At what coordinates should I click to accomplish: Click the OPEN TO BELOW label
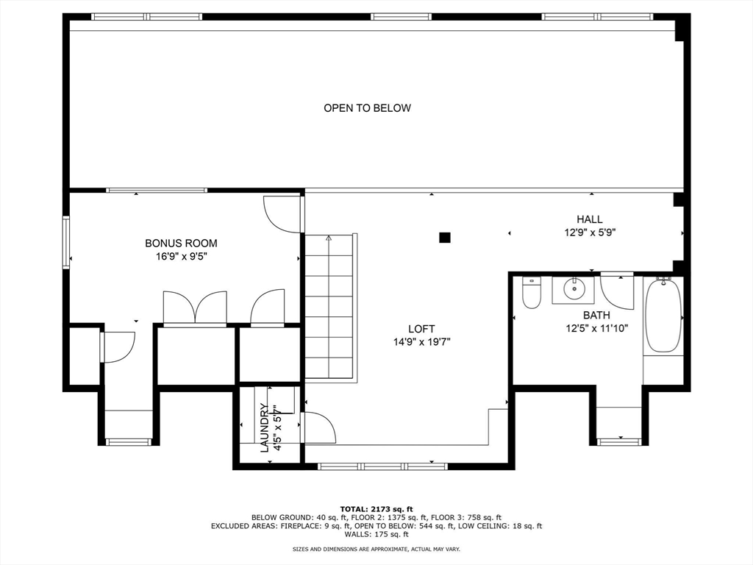tap(368, 108)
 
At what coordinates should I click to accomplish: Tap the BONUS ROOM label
tap(181, 243)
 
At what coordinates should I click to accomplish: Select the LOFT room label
tap(421, 329)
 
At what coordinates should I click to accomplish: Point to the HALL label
tap(590, 219)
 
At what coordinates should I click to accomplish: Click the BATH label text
tap(596, 315)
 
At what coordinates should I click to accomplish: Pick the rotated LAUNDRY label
tap(265, 427)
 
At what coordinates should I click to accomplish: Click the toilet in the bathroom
tap(532, 293)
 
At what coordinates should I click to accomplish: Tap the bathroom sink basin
tap(573, 288)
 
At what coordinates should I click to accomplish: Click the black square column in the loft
tap(445, 238)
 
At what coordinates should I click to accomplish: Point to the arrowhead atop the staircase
tap(329, 238)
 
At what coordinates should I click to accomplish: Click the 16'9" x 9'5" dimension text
tap(181, 257)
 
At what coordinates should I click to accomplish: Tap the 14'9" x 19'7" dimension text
tap(421, 342)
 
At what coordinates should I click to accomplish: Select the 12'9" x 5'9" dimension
tap(590, 232)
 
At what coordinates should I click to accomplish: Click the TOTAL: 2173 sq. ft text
tap(376, 509)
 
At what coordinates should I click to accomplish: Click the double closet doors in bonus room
tap(195, 308)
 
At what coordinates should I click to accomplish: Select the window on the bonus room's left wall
tap(65, 241)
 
